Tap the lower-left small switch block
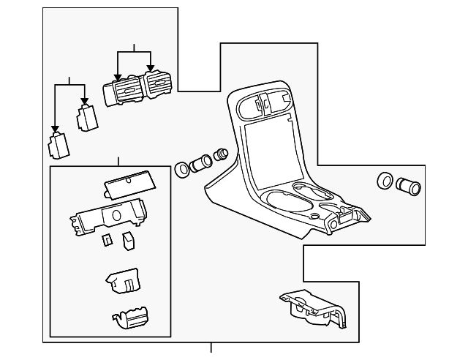(58, 145)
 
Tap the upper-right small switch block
(87, 117)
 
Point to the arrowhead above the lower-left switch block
(55, 130)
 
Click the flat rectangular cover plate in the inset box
(128, 184)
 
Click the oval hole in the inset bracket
(116, 216)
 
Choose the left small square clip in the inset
(107, 240)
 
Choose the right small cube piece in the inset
(129, 239)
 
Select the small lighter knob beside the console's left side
(222, 155)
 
